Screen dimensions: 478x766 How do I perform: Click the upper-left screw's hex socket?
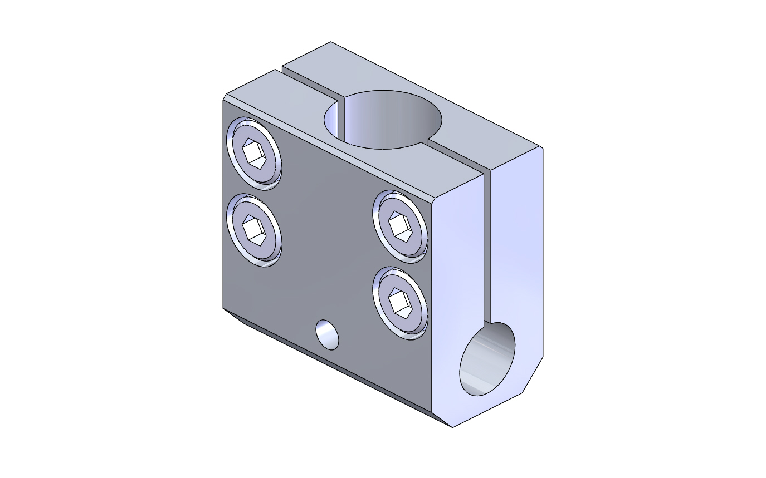tap(254, 152)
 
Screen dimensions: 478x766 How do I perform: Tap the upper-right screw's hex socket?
tap(401, 225)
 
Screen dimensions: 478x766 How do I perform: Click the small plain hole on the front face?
tap(327, 334)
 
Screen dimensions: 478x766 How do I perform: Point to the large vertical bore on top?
tap(384, 120)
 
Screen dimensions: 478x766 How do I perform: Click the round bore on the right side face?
tap(487, 359)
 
